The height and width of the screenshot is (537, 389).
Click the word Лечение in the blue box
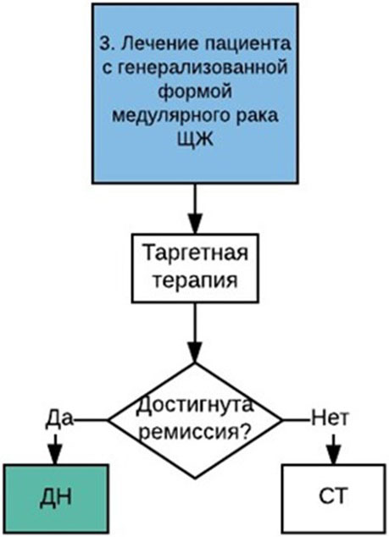coord(152,43)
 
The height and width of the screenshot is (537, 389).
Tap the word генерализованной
coord(202,68)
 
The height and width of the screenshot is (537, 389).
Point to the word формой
coord(195,91)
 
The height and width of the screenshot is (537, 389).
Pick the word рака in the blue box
coord(259,116)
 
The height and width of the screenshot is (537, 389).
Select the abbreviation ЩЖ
coord(195,140)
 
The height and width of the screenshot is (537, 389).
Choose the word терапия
coord(195,281)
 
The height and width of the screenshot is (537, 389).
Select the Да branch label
coord(59,418)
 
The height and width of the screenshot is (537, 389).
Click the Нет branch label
coord(330,418)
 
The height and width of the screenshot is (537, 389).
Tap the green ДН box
coord(57,499)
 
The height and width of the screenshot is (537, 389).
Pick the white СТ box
coord(333,499)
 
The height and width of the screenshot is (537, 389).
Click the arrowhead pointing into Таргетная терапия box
coord(195,224)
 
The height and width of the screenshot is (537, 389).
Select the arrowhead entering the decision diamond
coord(195,352)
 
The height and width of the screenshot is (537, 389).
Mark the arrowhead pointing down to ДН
coord(56,454)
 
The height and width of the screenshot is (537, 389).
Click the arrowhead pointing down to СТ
coord(334,454)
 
